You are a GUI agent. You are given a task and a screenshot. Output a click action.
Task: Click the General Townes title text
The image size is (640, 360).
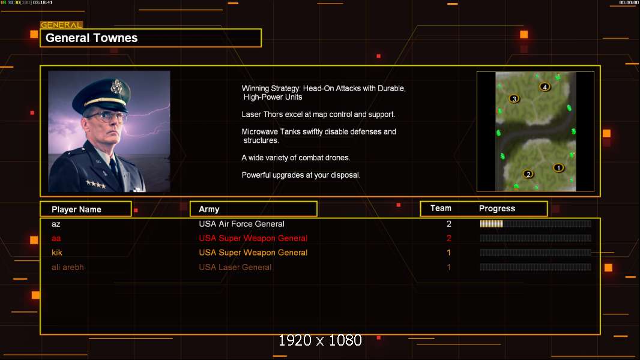[x=91, y=38]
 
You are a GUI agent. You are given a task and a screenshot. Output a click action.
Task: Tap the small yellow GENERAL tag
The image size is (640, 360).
[x=62, y=25]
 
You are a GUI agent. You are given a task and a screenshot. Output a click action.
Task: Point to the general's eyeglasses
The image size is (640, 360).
[x=107, y=116]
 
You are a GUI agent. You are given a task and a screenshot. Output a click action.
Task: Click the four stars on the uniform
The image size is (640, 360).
[x=96, y=184]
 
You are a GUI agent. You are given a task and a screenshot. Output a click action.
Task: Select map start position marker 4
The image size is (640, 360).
[x=545, y=86]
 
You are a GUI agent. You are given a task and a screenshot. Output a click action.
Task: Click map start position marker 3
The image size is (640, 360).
[x=515, y=98]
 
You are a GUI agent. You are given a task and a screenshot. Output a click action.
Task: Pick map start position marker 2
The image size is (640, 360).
[x=528, y=174]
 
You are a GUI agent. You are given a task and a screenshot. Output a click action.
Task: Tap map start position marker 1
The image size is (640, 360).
[x=558, y=167]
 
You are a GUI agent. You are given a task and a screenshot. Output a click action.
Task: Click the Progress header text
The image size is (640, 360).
[x=497, y=208]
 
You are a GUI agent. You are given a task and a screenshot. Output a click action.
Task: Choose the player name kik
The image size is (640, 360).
[x=56, y=253]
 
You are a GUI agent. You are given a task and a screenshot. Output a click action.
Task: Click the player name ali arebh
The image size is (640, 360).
[x=67, y=267]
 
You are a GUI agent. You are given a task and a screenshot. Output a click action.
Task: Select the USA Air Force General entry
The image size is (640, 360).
[x=241, y=224]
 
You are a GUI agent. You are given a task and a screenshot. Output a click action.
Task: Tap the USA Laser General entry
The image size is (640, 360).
[x=235, y=267]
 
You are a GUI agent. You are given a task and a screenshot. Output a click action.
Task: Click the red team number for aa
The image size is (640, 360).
[x=448, y=238]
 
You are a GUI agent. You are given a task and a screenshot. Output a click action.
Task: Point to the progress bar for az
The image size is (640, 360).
[x=536, y=223]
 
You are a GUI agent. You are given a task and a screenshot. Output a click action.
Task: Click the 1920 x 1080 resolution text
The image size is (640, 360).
[x=320, y=340]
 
